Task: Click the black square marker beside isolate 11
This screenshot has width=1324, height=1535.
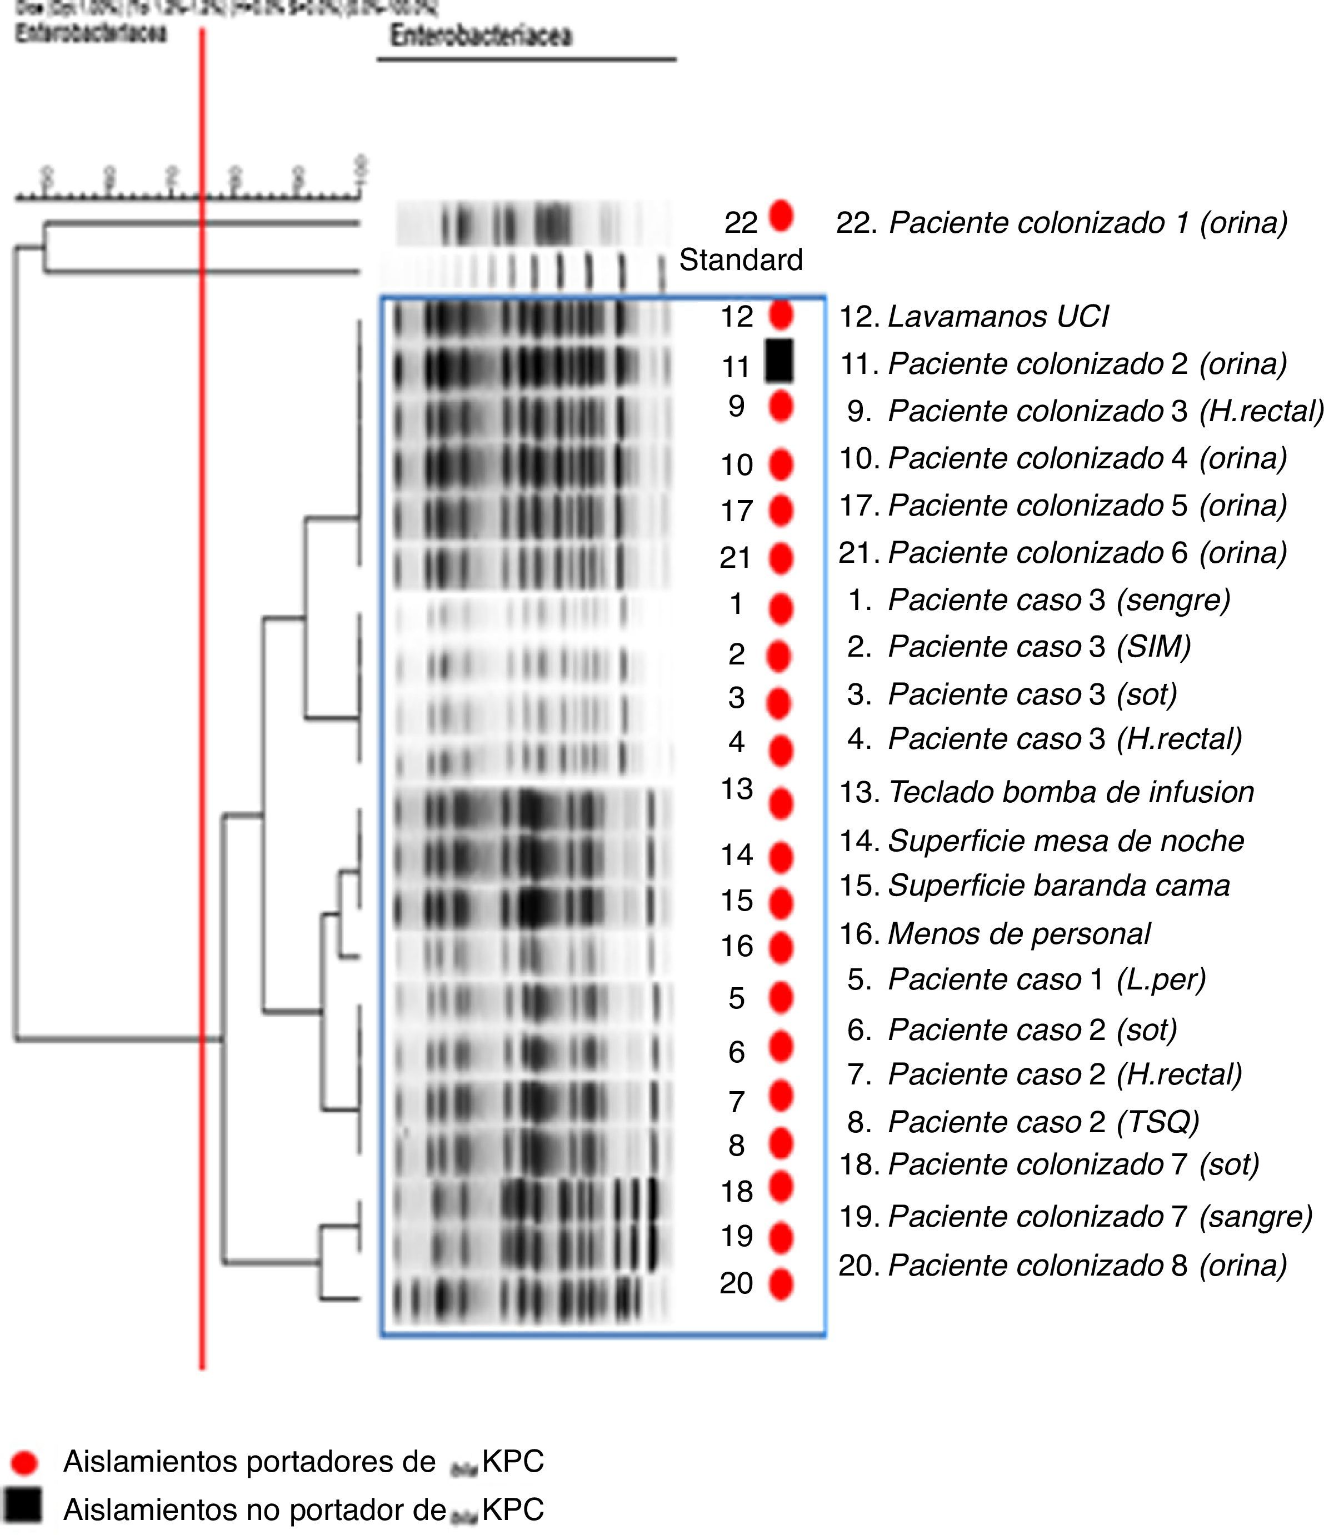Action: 779,361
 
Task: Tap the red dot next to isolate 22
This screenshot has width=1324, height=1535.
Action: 781,216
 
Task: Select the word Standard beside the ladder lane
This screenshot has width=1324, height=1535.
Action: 740,260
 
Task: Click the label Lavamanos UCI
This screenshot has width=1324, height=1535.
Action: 997,316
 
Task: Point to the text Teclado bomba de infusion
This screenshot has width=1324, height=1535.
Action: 1071,792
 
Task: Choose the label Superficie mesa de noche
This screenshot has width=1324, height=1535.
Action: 1066,841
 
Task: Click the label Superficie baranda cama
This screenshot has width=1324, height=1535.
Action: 1058,886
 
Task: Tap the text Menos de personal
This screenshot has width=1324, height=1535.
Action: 1019,933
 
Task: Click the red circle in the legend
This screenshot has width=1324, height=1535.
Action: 24,1462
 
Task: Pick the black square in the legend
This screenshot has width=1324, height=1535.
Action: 22,1504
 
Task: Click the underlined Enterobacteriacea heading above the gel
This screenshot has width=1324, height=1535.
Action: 482,36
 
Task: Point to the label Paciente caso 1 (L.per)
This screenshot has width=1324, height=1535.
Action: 1046,979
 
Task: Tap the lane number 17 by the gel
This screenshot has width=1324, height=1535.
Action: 737,511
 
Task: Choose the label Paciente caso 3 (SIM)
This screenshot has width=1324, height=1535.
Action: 1039,647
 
